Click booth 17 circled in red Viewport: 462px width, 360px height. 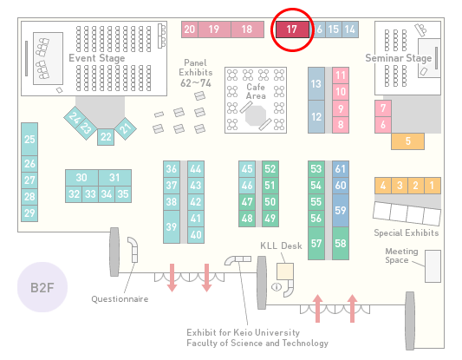pyautogui.click(x=292, y=29)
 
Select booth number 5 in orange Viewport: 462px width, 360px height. pyautogui.click(x=407, y=141)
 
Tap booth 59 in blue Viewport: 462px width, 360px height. pyautogui.click(x=341, y=210)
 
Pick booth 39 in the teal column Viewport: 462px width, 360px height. pyautogui.click(x=172, y=226)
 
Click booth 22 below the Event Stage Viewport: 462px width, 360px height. pyautogui.click(x=106, y=137)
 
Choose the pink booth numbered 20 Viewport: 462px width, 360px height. pyautogui.click(x=190, y=29)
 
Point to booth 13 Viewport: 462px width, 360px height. pyautogui.click(x=316, y=84)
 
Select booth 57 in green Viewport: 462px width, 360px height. pyautogui.click(x=316, y=243)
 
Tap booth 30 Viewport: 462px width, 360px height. pyautogui.click(x=81, y=178)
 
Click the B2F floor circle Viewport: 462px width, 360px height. pyautogui.click(x=42, y=287)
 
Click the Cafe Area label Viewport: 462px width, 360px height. pyautogui.click(x=256, y=91)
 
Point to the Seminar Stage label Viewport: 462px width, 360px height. pyautogui.click(x=399, y=58)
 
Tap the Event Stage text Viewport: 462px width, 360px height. pyautogui.click(x=96, y=58)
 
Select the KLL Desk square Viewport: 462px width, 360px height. pyautogui.click(x=285, y=272)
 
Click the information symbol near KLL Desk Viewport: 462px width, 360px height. pyautogui.click(x=277, y=286)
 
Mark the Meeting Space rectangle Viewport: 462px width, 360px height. pyautogui.click(x=433, y=266)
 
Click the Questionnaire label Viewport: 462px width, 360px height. pyautogui.click(x=120, y=299)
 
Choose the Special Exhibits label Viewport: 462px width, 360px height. pyautogui.click(x=407, y=233)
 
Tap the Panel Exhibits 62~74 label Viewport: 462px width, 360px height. pyautogui.click(x=196, y=73)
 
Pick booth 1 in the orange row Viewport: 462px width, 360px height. pyautogui.click(x=433, y=186)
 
